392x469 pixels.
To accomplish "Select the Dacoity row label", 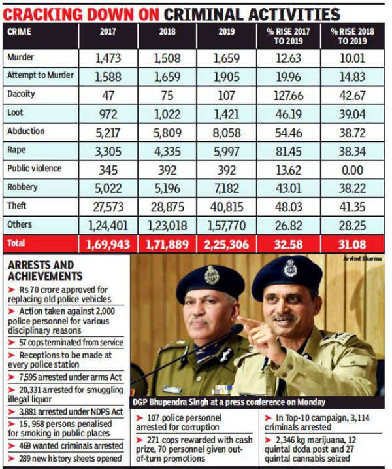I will (22, 94).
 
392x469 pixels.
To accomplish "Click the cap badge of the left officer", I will (212, 275).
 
